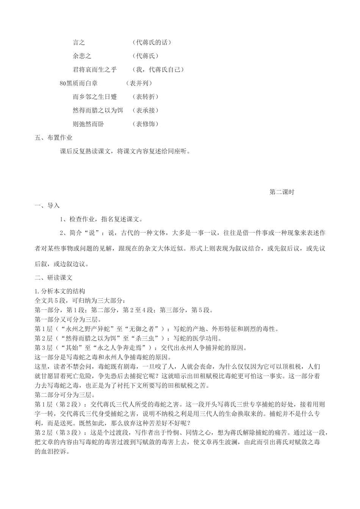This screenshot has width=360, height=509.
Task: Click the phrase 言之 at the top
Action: click(x=79, y=42)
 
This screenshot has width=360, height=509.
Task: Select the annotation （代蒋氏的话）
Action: click(x=152, y=42)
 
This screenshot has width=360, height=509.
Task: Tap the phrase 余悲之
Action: click(x=82, y=56)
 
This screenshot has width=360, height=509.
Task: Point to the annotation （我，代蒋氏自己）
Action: click(x=158, y=70)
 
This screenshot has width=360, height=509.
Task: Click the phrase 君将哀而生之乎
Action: click(x=95, y=70)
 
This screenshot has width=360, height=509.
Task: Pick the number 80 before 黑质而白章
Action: click(x=63, y=83)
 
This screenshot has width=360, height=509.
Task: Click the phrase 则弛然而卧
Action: click(x=88, y=124)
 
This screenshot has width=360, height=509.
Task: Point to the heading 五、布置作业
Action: click(x=53, y=138)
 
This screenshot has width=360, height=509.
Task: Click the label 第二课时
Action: click(x=282, y=192)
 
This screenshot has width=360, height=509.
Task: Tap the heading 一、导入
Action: click(x=47, y=206)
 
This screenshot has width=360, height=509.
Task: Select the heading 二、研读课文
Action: click(x=53, y=278)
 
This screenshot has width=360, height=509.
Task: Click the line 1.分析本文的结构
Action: click(x=60, y=291)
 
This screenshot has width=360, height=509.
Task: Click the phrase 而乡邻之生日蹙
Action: click(x=95, y=97)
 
